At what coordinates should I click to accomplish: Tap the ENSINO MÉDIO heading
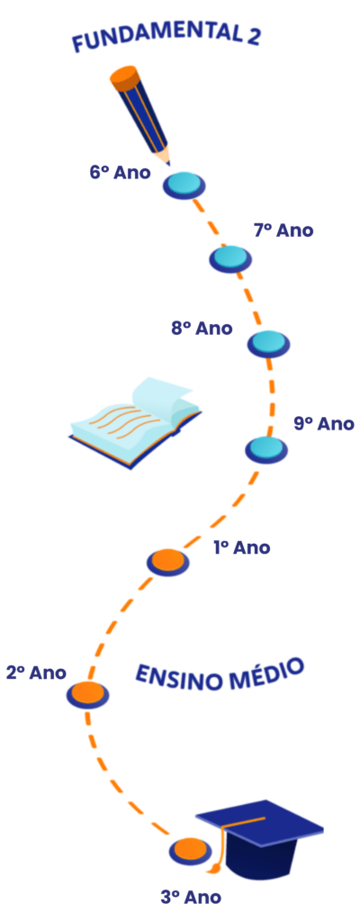pos(220,673)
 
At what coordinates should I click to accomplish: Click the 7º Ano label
pos(283,230)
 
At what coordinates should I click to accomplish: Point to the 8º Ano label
pos(202,328)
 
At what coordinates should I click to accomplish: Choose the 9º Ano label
pos(323,423)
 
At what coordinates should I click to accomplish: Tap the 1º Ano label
pos(242,547)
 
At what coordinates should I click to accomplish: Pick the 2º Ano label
pos(36,672)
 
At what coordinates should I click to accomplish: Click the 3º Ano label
pos(191,898)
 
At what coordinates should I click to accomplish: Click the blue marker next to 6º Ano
pos(184,185)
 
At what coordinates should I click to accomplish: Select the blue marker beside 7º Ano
pos(230,259)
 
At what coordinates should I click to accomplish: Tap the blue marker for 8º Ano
pos(268,343)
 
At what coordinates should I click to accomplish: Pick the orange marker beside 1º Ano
pos(167,562)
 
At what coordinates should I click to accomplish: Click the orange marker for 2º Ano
pos(87,694)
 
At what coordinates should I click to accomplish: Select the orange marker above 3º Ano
pos(191,851)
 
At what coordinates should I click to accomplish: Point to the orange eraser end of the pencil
pos(125,77)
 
